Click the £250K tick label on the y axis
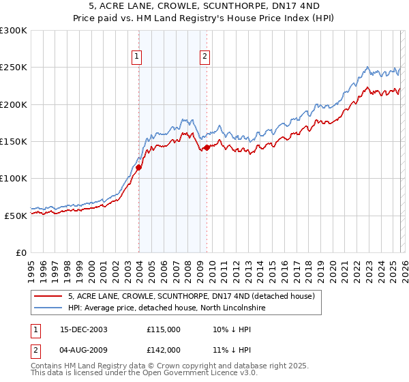coord(13,68)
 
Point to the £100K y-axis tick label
coord(13,178)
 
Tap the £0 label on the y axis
coord(21,252)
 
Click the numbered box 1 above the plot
coord(137,57)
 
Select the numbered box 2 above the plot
coord(204,57)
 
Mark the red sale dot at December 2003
coord(139,167)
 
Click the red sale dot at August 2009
coord(207,147)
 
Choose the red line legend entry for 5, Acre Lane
coord(191,297)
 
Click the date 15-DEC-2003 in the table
coord(83,329)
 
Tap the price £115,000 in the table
coord(164,329)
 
